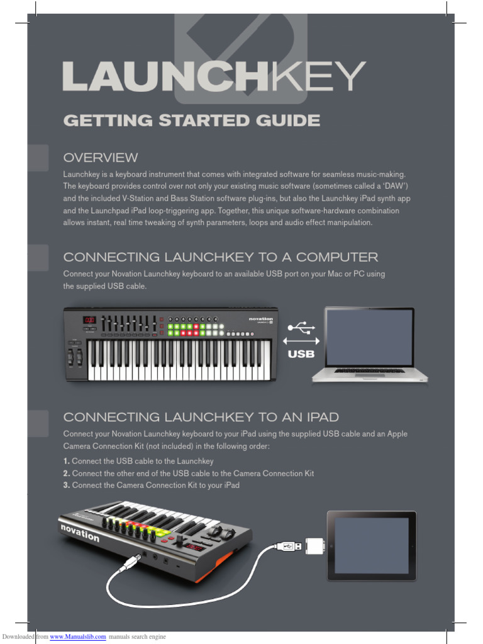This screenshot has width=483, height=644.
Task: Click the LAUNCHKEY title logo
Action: coord(214,77)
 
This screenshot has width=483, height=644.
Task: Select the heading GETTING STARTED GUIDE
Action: coord(191,120)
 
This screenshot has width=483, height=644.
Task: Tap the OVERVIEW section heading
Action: coord(101,157)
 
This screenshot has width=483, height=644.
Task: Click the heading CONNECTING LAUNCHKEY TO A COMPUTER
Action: coord(221,257)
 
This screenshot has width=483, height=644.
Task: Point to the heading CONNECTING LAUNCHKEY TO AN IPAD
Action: coord(201,417)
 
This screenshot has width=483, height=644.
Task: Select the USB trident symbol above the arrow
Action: coord(301,328)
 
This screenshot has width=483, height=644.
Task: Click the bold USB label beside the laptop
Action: coord(301,355)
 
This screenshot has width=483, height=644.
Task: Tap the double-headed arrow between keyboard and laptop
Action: coord(301,341)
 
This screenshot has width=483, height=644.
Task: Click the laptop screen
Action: coord(369,338)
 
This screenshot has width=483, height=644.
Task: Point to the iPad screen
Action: coord(370,545)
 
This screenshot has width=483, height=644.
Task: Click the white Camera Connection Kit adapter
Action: coord(314,546)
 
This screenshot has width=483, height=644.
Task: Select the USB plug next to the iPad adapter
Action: coord(288,546)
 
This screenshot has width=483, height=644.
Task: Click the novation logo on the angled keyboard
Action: coord(80,532)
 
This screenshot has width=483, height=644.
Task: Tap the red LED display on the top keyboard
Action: coord(89,320)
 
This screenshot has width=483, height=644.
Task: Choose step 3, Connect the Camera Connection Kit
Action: coord(152,485)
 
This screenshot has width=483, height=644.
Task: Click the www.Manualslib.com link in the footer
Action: coord(74,637)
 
